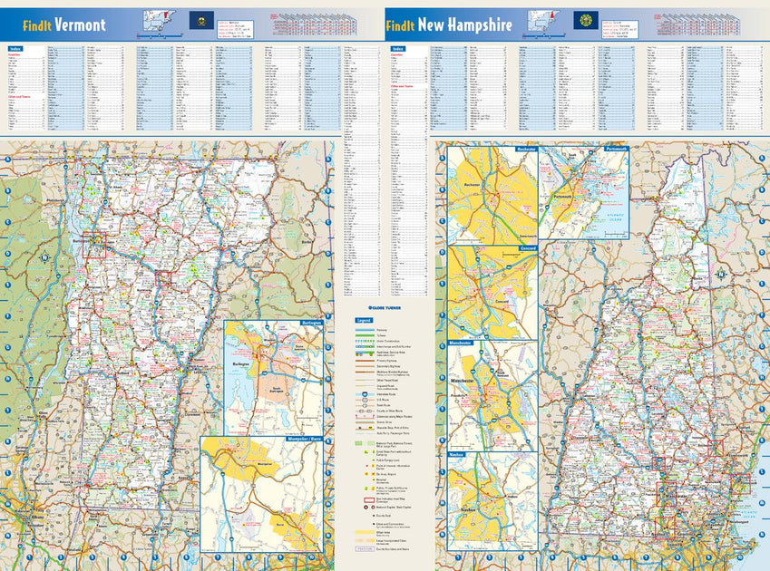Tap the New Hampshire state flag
pos(586,20)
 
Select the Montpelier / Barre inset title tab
pos(300,440)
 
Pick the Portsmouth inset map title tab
pos(612,149)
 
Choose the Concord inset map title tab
pos(529,247)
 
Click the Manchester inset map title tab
pos(460,344)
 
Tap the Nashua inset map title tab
pos(455,454)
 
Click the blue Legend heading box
pos(364,321)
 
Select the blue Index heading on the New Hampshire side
pos(397,48)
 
